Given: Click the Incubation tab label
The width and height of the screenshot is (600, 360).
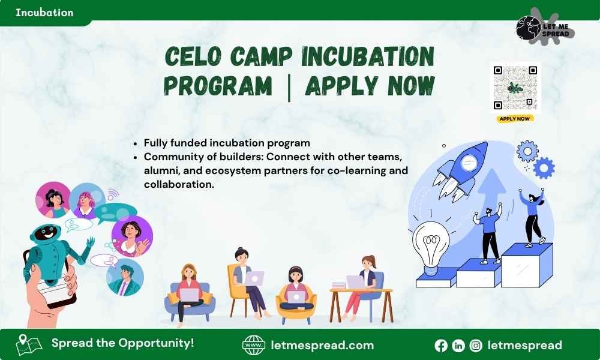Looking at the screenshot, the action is click(x=44, y=12).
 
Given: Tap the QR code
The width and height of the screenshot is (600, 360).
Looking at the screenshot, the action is click(x=515, y=87).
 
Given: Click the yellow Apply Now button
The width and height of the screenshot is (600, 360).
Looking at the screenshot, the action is click(x=515, y=119).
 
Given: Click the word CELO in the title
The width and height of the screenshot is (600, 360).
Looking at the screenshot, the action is click(x=193, y=56).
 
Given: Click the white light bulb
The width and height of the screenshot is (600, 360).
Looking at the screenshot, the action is click(x=431, y=245).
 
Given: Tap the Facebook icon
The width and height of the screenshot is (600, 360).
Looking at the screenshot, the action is click(x=441, y=346).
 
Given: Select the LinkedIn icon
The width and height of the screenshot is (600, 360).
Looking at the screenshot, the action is click(x=458, y=346).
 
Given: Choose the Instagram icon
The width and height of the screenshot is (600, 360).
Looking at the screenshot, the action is click(x=476, y=346).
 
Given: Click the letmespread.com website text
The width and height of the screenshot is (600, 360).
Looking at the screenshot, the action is click(x=322, y=345).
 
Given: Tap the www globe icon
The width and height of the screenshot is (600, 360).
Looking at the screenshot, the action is click(x=254, y=345).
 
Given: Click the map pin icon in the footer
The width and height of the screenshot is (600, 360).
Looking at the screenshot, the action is click(x=28, y=344).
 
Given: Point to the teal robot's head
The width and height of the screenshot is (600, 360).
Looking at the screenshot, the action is click(x=45, y=232).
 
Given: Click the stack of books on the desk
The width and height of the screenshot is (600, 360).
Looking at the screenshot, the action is click(x=338, y=286).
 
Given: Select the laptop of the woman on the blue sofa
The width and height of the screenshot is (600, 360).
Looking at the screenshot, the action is click(x=190, y=295).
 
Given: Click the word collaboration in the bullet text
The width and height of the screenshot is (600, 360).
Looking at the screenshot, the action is click(x=179, y=184).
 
